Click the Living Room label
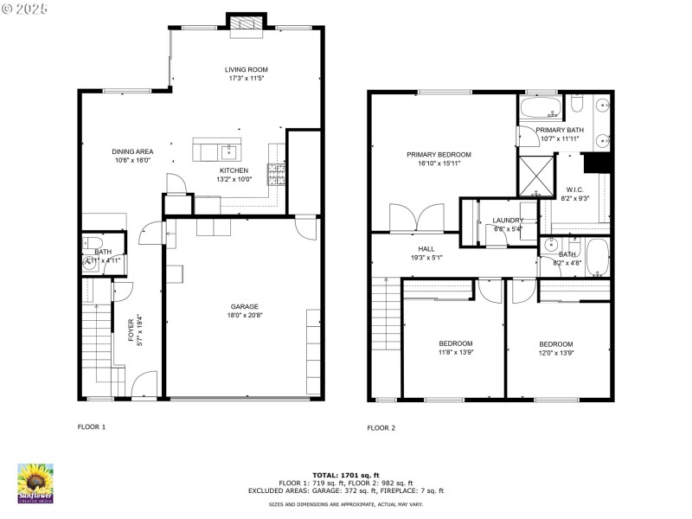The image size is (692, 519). click(x=246, y=69)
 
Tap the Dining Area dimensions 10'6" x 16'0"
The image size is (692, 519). click(x=132, y=160)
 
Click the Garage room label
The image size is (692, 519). click(x=244, y=306)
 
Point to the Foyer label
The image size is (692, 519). click(x=131, y=329)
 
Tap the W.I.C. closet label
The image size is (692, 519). click(x=575, y=189)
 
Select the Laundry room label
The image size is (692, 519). click(x=508, y=221)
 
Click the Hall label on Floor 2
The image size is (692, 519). click(x=426, y=247)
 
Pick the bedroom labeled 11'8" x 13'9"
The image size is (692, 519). click(x=455, y=343)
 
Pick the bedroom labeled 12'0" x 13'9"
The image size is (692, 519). click(x=555, y=343)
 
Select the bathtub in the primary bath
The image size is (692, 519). click(x=541, y=109)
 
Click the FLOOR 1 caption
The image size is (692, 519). click(x=92, y=427)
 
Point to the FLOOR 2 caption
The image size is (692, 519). click(x=381, y=427)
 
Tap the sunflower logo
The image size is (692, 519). click(x=35, y=483)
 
